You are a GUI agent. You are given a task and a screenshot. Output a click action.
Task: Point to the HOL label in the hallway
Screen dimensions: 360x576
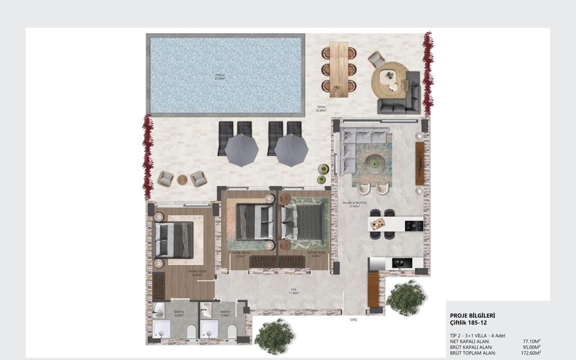pyautogui.click(x=293, y=291)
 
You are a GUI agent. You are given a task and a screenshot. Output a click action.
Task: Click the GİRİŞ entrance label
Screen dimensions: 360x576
pyautogui.click(x=354, y=319)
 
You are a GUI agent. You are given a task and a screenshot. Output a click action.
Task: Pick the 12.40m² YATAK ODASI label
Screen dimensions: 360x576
pyautogui.click(x=198, y=273)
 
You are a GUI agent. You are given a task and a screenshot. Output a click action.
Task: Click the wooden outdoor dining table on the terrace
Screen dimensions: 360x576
pyautogui.click(x=339, y=69)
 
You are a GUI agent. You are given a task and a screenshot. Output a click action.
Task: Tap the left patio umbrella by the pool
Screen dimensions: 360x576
pyautogui.click(x=241, y=150)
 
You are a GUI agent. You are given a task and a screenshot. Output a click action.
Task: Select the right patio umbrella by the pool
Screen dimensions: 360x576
pyautogui.click(x=291, y=150)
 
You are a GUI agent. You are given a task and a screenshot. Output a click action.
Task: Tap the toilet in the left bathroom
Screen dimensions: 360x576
pyautogui.click(x=192, y=331)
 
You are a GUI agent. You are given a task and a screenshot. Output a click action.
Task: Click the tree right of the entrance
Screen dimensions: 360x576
pyautogui.click(x=406, y=297)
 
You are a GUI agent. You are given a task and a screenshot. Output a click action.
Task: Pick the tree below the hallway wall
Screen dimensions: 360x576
pyautogui.click(x=274, y=336)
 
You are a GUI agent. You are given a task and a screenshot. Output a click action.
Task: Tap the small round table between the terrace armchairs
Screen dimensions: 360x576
pyautogui.click(x=182, y=180)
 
